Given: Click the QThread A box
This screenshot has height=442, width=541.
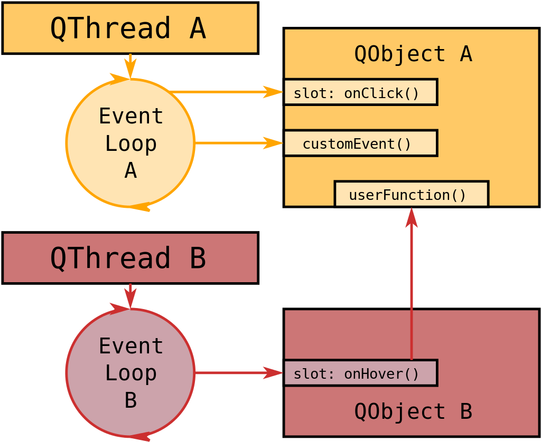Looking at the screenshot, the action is coord(130,28).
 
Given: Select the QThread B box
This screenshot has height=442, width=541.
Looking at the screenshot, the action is coord(130,258).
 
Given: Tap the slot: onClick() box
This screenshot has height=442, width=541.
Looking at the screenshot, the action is coord(360,92).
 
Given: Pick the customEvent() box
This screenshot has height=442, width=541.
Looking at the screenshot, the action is coord(360,143).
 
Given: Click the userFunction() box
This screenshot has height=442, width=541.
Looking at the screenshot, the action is coord(412,194).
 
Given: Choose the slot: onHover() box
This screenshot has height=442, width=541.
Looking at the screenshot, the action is coord(360,373).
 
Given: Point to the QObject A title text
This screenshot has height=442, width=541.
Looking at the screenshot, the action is coord(413,54).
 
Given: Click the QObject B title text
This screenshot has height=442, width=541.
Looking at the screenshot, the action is coord(413,411).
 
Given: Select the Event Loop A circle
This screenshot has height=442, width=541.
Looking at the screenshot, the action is coord(66,143).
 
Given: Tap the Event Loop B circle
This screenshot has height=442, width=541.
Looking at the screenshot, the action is coord(66,373).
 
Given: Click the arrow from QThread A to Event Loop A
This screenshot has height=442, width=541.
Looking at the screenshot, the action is coord(130,66).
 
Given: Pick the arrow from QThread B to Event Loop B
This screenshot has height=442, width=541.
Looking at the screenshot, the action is coord(130,296).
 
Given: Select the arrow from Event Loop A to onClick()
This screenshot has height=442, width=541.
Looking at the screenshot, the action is coord(226,92).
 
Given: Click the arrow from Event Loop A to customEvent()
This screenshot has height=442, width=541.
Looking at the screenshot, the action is coord(239,143).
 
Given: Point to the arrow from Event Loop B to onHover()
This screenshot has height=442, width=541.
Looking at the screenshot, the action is coord(239,373).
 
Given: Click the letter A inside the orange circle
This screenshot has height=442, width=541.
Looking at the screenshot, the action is coord(131,170).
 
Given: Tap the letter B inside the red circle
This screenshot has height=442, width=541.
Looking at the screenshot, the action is coord(131,400).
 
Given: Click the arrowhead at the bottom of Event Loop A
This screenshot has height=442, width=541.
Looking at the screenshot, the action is coord(139,207).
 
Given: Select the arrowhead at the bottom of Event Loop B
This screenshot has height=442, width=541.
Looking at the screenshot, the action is coord(139,437).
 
